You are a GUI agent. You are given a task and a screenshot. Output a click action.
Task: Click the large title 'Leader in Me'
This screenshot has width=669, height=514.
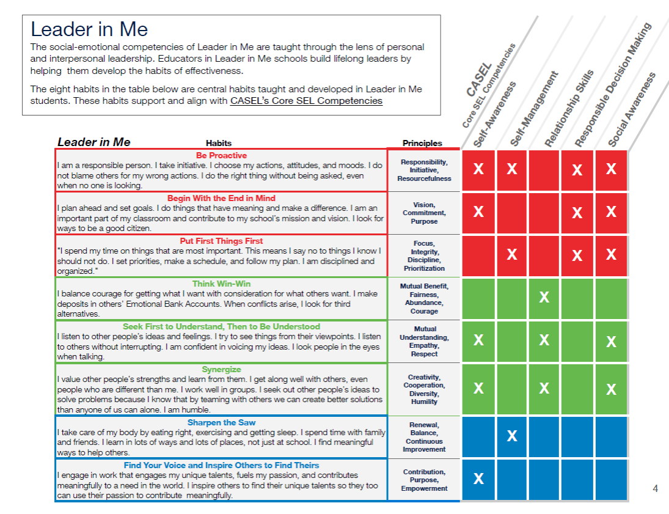89,29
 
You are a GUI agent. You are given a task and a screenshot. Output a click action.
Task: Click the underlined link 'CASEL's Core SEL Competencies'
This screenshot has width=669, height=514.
306,101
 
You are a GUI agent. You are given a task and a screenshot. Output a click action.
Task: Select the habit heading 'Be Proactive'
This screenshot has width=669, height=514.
221,156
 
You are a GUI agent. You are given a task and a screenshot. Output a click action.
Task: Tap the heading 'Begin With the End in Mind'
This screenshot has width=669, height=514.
221,199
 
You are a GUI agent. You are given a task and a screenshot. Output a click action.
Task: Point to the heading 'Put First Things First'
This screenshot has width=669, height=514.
221,241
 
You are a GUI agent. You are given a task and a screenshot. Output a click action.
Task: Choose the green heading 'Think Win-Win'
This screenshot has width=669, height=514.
221,284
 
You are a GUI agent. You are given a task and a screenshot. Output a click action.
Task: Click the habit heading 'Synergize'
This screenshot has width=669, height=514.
221,370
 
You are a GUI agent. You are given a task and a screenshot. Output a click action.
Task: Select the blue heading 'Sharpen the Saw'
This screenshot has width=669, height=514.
221,423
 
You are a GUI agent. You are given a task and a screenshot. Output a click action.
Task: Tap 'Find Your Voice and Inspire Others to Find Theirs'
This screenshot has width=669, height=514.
221,466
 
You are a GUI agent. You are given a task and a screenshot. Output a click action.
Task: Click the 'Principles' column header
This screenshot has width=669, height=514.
422,143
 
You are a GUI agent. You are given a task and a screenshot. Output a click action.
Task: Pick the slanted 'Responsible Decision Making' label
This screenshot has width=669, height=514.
613,86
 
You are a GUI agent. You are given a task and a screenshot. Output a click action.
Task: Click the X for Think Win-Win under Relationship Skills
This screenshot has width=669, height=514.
544,298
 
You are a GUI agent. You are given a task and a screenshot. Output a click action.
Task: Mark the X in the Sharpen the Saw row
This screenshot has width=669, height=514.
512,436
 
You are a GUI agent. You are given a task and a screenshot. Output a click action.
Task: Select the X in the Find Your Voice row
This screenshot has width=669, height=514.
478,479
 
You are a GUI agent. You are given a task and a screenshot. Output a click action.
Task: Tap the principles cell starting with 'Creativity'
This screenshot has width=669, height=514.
424,389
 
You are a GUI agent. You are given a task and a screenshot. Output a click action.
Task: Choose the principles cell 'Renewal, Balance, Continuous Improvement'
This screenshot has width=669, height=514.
424,437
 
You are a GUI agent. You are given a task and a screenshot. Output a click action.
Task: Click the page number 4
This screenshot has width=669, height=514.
656,488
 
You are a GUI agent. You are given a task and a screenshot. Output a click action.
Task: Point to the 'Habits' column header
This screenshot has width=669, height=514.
219,143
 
